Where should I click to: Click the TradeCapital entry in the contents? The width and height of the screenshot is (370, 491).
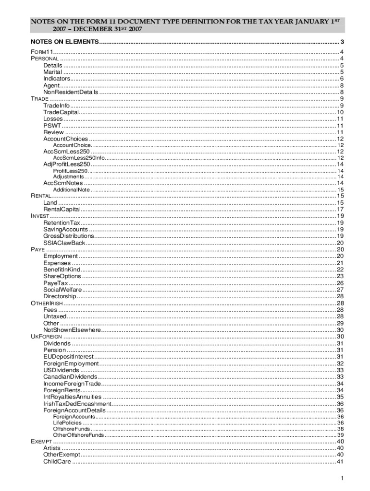(61, 112)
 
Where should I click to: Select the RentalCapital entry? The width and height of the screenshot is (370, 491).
(62, 210)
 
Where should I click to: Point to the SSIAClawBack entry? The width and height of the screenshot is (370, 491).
(64, 243)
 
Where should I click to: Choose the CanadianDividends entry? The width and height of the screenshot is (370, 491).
(70, 377)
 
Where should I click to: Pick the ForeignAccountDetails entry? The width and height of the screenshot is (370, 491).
(74, 410)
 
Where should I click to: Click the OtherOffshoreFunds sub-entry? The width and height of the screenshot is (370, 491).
(78, 435)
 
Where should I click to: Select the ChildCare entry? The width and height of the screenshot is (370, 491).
(57, 462)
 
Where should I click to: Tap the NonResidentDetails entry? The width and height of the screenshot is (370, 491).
(71, 92)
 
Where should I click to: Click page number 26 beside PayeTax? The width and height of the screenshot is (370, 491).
(340, 283)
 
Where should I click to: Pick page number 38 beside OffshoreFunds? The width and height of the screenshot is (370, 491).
(340, 429)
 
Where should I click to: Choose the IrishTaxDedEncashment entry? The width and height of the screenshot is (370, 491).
(77, 404)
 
